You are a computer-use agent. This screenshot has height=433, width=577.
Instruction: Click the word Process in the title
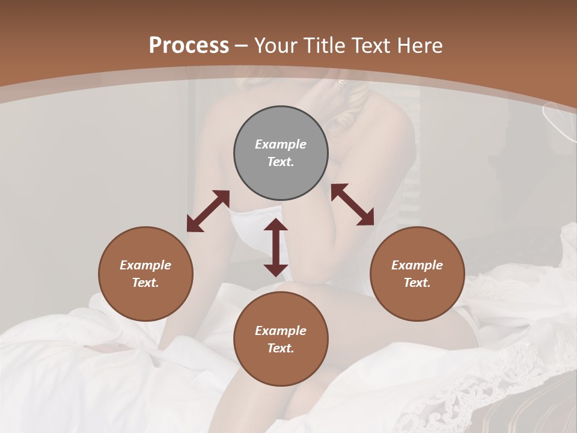[189, 46]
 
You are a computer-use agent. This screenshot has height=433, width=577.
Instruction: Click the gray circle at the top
[281, 153]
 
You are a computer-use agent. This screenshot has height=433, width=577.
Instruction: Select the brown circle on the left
[145, 274]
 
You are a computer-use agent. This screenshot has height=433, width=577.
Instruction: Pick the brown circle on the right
[417, 274]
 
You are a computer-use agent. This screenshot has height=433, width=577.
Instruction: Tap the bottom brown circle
[281, 339]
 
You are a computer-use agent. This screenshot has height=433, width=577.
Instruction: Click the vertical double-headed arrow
[276, 247]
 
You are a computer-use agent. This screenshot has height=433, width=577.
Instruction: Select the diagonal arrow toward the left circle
[208, 210]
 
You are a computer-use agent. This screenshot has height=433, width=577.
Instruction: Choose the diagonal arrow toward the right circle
[352, 204]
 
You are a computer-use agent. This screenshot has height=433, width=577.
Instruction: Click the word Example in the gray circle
[281, 144]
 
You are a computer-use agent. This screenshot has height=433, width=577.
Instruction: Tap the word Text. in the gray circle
[281, 162]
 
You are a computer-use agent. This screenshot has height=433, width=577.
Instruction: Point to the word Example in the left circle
[145, 265]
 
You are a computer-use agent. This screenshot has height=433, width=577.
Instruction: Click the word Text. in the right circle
[417, 283]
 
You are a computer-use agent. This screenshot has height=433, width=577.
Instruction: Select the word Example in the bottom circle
[281, 331]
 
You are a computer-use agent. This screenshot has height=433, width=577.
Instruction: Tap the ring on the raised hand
[342, 84]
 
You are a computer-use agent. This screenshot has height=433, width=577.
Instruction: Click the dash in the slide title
[242, 46]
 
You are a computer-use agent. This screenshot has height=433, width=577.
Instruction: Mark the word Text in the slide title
[371, 46]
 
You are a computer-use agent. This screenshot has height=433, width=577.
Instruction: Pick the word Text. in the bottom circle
[281, 348]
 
